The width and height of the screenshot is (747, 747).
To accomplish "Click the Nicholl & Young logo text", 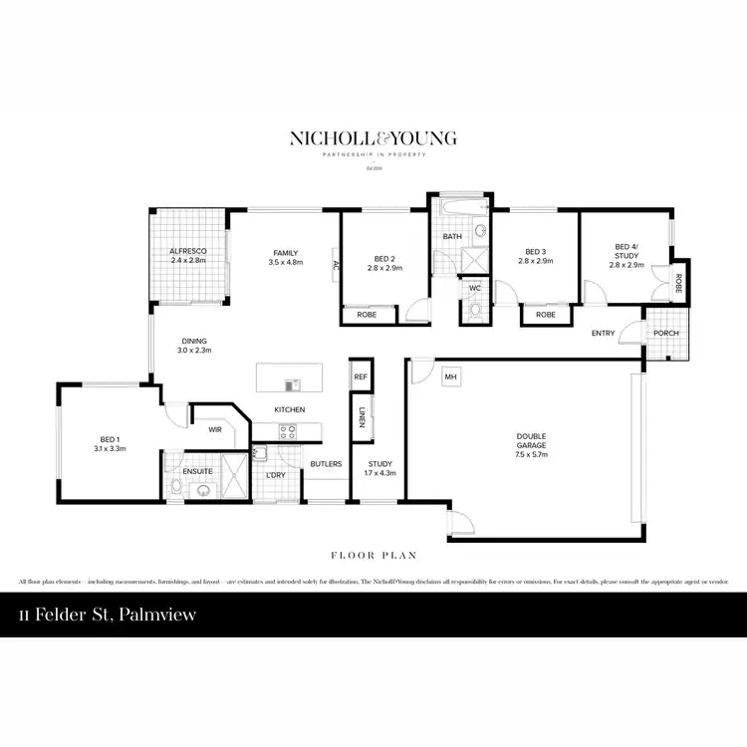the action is coord(373,138).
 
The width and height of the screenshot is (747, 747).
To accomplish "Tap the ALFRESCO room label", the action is coord(187,250).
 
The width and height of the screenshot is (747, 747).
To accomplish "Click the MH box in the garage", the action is coord(450,376).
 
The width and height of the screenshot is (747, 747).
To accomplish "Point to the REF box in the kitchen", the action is coord(361,377).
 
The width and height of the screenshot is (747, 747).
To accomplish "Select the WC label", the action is coord(474,288).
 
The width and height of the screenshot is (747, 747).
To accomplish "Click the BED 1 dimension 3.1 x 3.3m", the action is coord(109,449).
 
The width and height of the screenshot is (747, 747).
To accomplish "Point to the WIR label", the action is coord(214,430).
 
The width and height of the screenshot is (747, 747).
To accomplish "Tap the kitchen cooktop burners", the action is coord(289,431).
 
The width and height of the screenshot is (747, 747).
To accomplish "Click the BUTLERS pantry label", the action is coord(326,464).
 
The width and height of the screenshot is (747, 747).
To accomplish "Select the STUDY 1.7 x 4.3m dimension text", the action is coord(379,473).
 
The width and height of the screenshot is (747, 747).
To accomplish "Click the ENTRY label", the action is coord(603,333).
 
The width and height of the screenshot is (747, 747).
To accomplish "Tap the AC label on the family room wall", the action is coord(336,265).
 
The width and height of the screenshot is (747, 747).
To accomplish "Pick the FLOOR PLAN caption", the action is coord(373,555).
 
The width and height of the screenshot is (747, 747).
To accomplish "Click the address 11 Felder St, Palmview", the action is coord(107,615).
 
